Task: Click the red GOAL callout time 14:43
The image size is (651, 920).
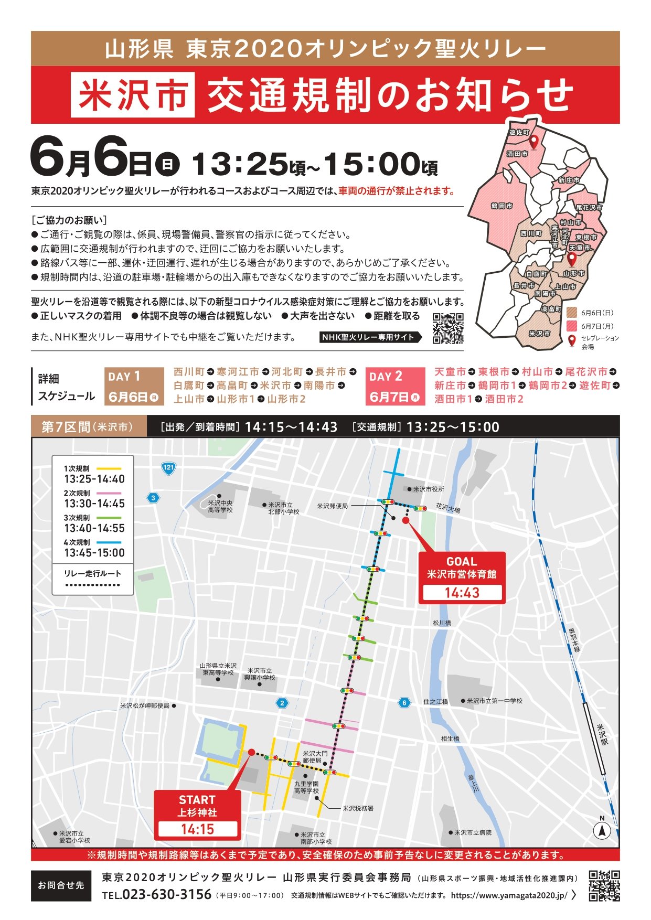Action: click(x=462, y=593)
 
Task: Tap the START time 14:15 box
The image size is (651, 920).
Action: click(x=197, y=829)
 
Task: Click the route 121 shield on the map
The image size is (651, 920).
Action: click(x=168, y=467)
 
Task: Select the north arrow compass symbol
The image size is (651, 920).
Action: click(x=602, y=830)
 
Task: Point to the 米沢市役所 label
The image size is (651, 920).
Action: click(x=428, y=489)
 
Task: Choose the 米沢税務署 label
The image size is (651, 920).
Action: click(x=358, y=808)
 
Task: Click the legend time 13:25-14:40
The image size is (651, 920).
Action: click(x=94, y=479)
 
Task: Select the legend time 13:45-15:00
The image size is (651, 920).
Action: click(x=94, y=553)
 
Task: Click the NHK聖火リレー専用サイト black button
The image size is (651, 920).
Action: click(x=370, y=337)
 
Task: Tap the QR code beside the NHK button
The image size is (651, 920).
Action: click(x=448, y=328)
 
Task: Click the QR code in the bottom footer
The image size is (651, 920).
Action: click(x=604, y=886)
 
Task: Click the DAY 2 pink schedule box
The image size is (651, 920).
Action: click(x=395, y=386)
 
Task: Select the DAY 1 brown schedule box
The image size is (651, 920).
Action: click(x=134, y=386)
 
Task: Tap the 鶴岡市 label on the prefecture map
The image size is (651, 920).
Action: click(x=501, y=206)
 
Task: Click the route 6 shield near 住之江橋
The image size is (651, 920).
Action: click(x=403, y=703)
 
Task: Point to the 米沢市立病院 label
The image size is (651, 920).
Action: click(x=473, y=832)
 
